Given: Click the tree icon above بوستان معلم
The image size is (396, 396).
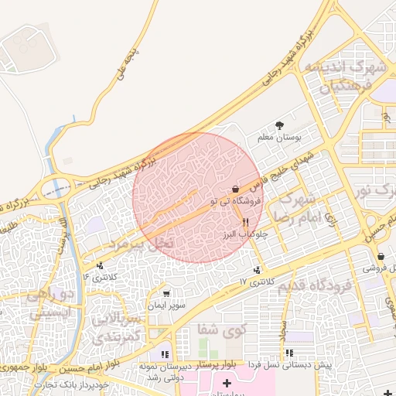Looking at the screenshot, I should [x=279, y=125].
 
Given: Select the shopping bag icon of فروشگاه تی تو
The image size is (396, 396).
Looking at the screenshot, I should [x=235, y=189].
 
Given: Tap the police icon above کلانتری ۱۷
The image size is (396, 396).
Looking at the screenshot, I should [x=256, y=270].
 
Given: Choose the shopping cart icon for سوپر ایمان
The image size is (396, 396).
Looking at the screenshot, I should [x=166, y=294].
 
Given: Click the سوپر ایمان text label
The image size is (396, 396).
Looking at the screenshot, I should [x=169, y=306].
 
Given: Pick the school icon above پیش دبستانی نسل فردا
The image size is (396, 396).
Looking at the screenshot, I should [x=288, y=353].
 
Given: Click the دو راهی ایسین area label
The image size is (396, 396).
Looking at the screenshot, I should [x=50, y=303].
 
